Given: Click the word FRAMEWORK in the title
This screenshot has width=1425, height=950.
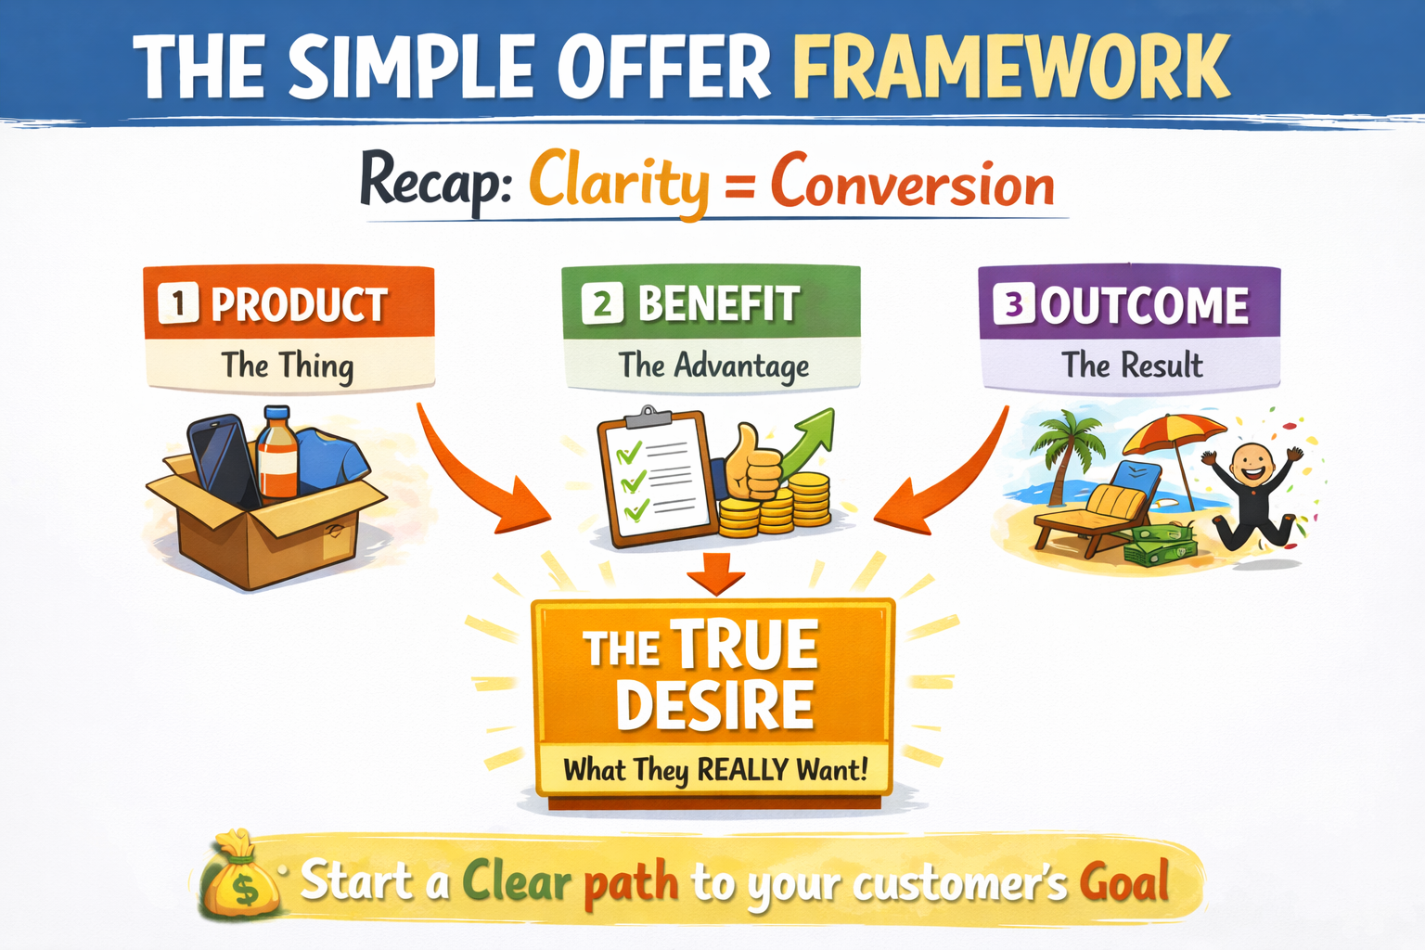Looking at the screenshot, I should click(1011, 67).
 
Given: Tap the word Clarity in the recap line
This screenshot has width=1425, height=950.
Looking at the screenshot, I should click(619, 183).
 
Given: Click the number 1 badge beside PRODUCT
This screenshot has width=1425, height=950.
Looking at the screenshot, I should click(178, 303).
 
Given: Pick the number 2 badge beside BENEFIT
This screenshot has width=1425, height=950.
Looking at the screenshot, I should click(602, 303).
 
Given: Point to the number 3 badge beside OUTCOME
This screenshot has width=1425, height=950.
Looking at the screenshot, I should click(1014, 304).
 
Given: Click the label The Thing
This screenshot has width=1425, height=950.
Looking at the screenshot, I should click(288, 366).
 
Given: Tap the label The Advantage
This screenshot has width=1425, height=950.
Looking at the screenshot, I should click(713, 366).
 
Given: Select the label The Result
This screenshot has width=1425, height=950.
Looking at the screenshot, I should click(1132, 366).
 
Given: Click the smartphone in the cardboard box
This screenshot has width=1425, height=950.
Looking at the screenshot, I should click(223, 459).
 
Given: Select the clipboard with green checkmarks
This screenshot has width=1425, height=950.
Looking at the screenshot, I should click(656, 478).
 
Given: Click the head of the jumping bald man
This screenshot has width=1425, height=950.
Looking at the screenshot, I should click(1252, 465).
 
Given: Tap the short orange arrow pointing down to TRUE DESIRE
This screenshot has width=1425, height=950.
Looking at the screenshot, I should click(715, 572).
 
